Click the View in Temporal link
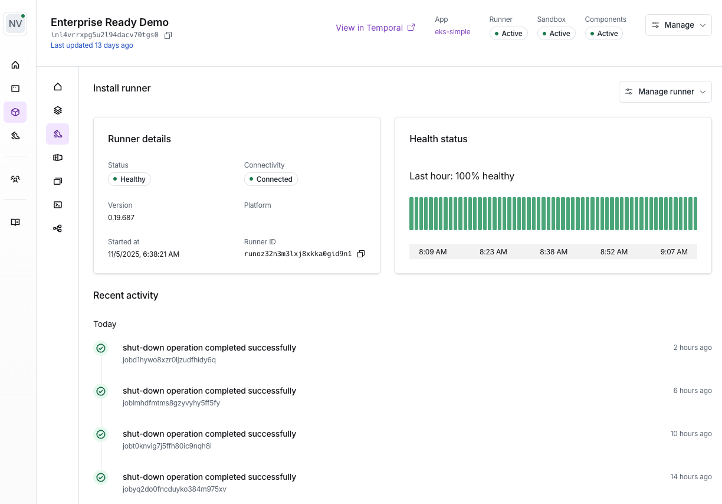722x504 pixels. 375,28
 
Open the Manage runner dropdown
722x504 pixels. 665,91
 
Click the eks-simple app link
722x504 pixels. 452,32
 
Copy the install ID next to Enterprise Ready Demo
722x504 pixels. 168,35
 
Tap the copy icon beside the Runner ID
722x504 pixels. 361,254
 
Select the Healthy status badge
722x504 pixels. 129,179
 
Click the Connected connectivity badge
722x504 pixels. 271,179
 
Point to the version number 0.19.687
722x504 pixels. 121,218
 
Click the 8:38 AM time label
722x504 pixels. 553,252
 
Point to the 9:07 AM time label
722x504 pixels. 674,252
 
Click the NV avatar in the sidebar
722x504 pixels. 15,24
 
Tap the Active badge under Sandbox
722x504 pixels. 556,34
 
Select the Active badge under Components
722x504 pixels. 603,34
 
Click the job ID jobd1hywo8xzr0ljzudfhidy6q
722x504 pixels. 169,360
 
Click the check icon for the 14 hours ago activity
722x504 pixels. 101,477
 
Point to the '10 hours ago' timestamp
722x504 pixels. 691,434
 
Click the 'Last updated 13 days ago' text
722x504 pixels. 92,45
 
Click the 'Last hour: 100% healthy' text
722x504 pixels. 461,176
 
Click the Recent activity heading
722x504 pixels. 126,295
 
